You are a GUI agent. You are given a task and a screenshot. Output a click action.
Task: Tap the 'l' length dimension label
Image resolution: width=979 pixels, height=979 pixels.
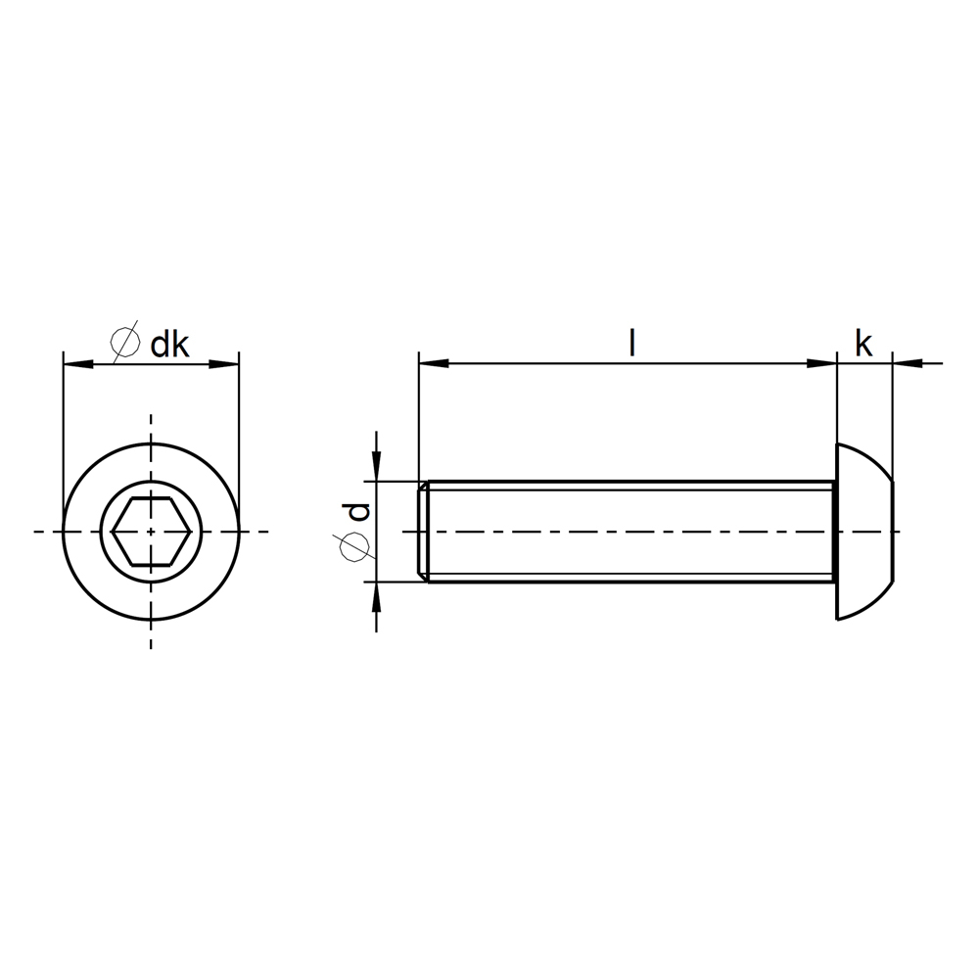[x=631, y=343]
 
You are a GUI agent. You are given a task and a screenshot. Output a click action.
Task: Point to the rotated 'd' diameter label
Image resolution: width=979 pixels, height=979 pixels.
[x=358, y=512]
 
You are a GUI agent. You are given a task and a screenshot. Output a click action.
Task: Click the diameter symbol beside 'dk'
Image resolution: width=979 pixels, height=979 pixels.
[x=125, y=342]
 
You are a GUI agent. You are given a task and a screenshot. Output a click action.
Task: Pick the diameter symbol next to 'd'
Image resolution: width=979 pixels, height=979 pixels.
[x=354, y=547]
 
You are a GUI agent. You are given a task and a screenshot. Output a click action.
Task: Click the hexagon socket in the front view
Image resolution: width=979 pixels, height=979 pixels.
[x=151, y=532]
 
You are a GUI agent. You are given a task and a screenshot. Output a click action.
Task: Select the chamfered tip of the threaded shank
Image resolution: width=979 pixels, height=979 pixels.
[x=423, y=532]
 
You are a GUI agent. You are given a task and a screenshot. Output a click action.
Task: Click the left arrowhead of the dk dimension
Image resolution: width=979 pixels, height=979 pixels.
[x=78, y=363]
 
